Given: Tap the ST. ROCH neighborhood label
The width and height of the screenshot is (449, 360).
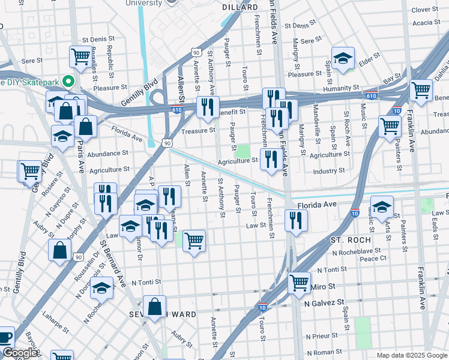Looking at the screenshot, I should tap(351, 239).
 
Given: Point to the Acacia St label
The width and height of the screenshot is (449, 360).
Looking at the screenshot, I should tap(427, 23).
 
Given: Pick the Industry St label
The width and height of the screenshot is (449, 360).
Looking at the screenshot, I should tap(329, 171).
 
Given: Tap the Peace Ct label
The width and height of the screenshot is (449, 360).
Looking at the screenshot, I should tap(373, 258).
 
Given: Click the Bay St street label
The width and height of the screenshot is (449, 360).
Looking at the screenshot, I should tap(392, 78).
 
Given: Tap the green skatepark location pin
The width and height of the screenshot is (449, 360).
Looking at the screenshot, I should tap(68, 82).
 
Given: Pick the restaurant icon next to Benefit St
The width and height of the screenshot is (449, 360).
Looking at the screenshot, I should tap(208, 107).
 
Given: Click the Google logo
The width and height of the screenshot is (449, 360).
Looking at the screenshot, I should tap(19, 353).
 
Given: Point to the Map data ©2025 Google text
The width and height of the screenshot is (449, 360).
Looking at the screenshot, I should tap(411, 355).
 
